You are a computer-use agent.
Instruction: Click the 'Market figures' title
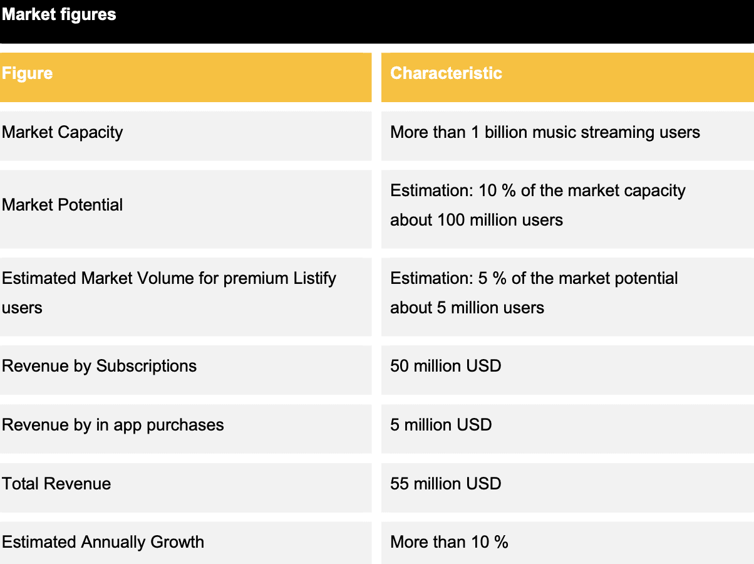click(59, 15)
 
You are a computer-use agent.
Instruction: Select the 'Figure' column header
click(27, 73)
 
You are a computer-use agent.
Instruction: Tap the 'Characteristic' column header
click(446, 73)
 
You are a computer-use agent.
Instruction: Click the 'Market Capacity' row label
click(62, 133)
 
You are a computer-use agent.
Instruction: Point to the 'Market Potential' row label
click(62, 205)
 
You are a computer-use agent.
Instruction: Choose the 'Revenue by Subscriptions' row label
click(100, 367)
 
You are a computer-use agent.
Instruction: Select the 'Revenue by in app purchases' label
click(113, 426)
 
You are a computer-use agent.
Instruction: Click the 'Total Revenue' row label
click(56, 484)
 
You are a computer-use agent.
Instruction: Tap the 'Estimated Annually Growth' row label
click(103, 543)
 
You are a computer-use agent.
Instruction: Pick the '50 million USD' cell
click(445, 366)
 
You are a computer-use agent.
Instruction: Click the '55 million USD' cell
click(445, 484)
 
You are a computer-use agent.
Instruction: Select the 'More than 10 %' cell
click(449, 542)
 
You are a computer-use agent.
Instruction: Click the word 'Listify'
click(314, 279)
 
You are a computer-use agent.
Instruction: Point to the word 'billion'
click(505, 132)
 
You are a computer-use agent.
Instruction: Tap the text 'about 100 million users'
click(477, 220)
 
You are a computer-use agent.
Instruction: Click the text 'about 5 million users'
click(467, 308)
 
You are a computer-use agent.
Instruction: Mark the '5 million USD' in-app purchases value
click(441, 425)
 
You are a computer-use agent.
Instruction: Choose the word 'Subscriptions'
click(147, 367)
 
